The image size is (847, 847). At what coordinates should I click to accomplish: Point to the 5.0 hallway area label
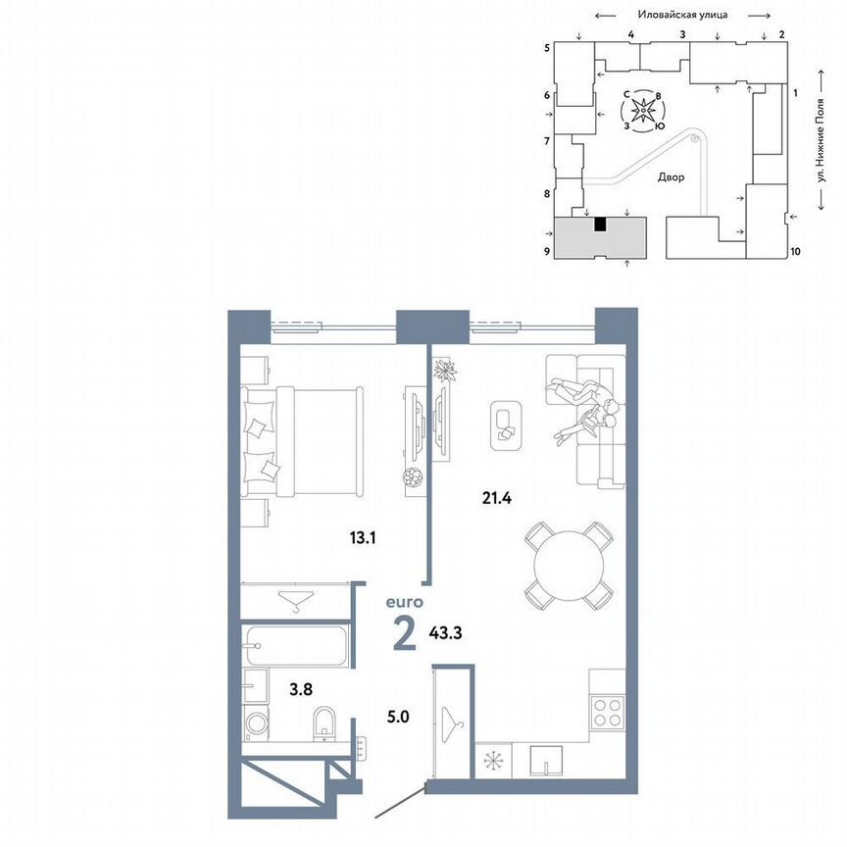click(x=398, y=717)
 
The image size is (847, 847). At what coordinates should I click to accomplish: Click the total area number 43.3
click(x=445, y=633)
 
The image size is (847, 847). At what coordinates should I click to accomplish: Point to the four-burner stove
click(x=608, y=713)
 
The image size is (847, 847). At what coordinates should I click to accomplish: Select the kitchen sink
click(x=544, y=758)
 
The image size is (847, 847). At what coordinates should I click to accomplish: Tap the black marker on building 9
click(x=600, y=224)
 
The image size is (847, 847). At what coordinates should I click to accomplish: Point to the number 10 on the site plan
click(x=795, y=252)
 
